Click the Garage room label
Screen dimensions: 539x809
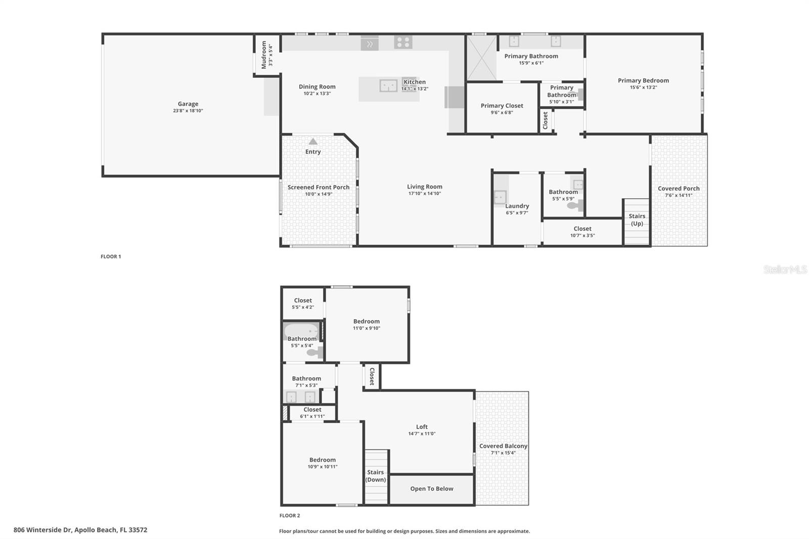(x=188, y=104)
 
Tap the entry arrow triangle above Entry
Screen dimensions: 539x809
(x=313, y=142)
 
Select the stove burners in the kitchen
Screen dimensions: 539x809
(x=403, y=42)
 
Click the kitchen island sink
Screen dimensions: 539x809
(x=388, y=85)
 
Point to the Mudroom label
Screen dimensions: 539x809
(x=264, y=55)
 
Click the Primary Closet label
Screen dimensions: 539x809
(x=502, y=106)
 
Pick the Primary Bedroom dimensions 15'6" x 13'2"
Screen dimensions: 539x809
(x=643, y=87)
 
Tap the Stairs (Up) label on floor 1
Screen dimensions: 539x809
(x=637, y=219)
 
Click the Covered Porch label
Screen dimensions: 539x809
(x=679, y=189)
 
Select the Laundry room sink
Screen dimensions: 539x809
(x=500, y=196)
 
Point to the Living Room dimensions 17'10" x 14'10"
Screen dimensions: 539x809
(x=424, y=194)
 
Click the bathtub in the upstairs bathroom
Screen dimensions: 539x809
(x=301, y=331)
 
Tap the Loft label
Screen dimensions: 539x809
(x=422, y=427)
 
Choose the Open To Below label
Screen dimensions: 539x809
(x=431, y=489)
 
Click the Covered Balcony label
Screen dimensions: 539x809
(x=503, y=446)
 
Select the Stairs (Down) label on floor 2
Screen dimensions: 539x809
(x=375, y=476)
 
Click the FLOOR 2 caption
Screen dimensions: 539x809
(x=290, y=516)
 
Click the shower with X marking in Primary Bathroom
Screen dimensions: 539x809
(x=481, y=58)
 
